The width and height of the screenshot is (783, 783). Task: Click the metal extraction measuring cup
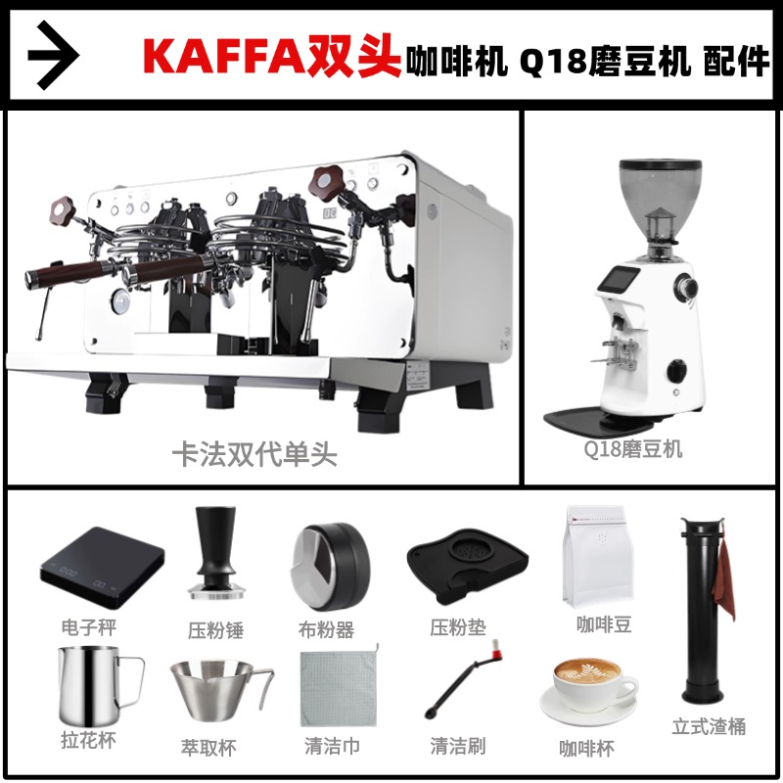point(217,691)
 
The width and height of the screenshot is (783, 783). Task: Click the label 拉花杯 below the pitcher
point(88,741)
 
